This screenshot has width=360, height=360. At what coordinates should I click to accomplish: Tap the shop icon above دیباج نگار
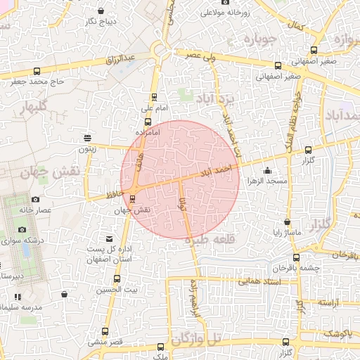(102, 11)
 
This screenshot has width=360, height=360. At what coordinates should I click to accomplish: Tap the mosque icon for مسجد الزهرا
(267, 169)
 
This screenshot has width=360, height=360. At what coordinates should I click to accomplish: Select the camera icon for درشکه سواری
(22, 230)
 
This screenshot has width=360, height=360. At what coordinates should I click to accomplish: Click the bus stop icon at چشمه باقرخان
(296, 257)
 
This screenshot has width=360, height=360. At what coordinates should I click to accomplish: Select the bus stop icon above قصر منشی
(106, 331)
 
